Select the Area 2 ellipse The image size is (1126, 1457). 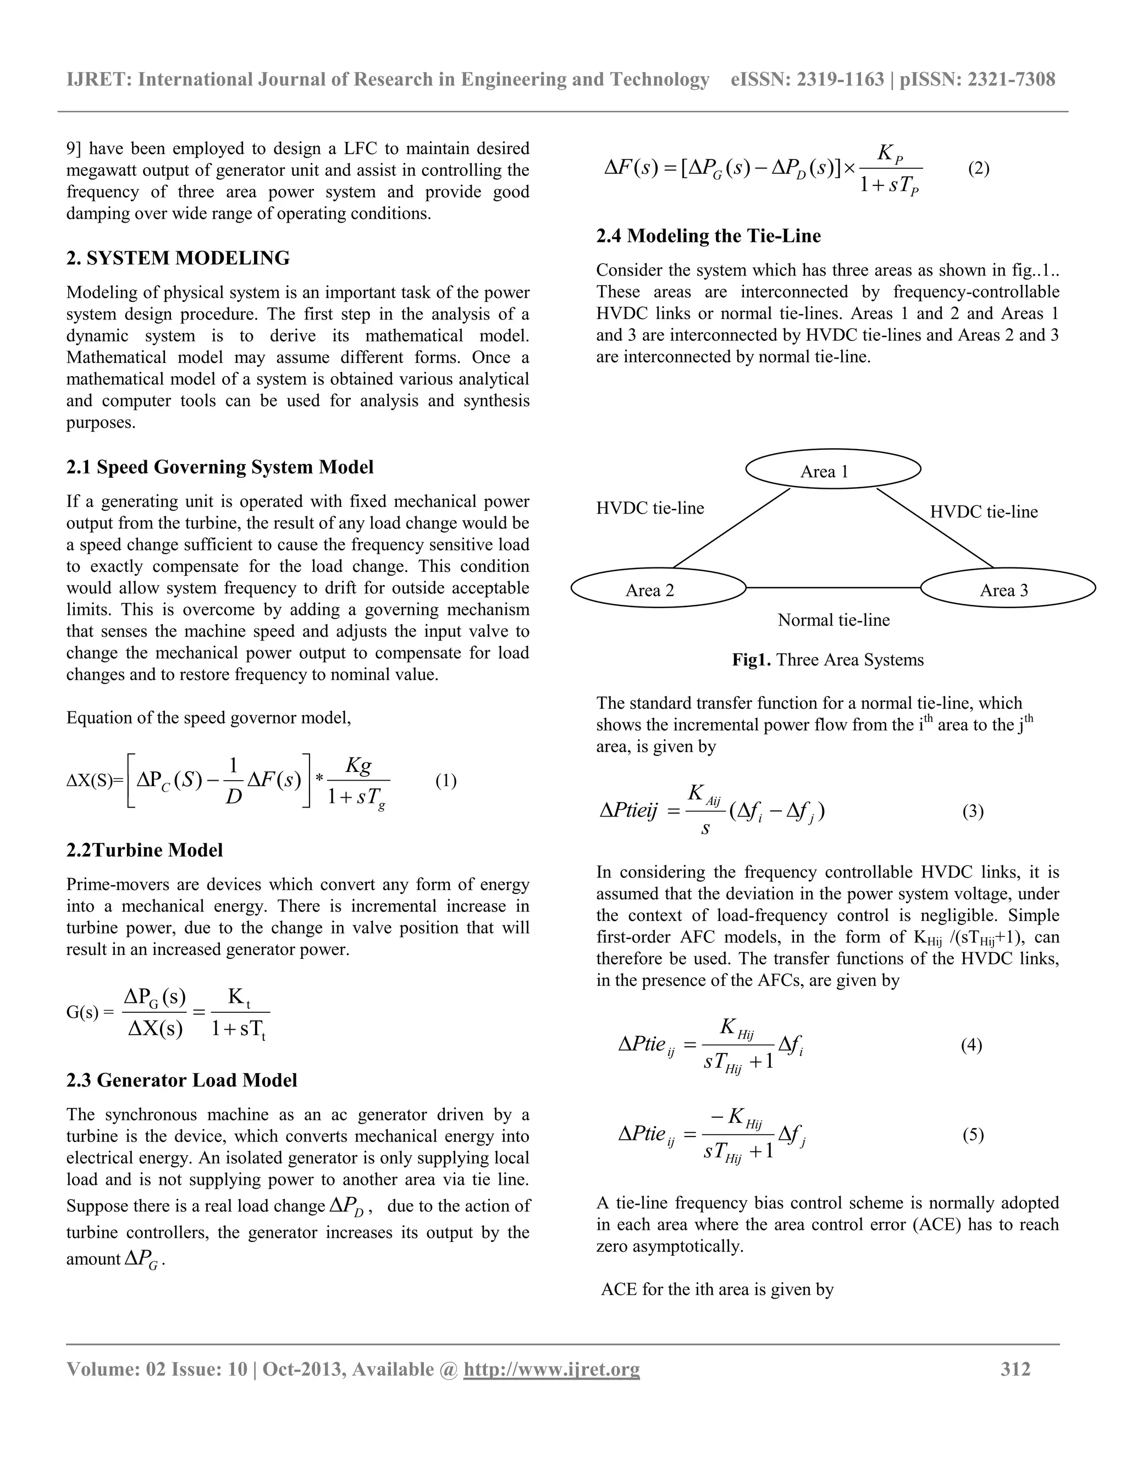tap(658, 588)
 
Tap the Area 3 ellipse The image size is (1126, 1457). tap(1007, 588)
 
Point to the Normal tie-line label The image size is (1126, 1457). tap(833, 620)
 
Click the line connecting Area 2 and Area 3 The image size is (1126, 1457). tap(833, 588)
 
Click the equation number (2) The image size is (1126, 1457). tap(978, 169)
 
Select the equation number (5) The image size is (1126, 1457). tap(973, 1135)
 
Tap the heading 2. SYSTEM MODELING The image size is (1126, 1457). tap(178, 258)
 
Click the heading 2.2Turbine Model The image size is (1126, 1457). tap(144, 850)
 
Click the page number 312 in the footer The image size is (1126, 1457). tap(1015, 1370)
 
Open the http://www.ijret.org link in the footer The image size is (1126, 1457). tap(551, 1370)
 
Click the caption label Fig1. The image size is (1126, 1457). tap(751, 660)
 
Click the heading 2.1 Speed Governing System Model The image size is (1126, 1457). tap(219, 467)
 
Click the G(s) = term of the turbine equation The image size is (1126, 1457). tap(90, 1013)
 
